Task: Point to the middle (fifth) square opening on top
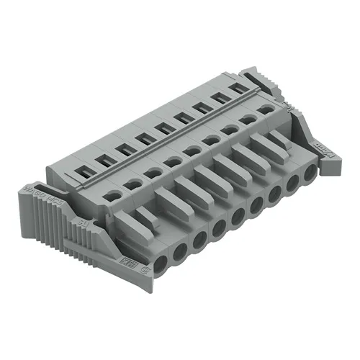tap(166, 127)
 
